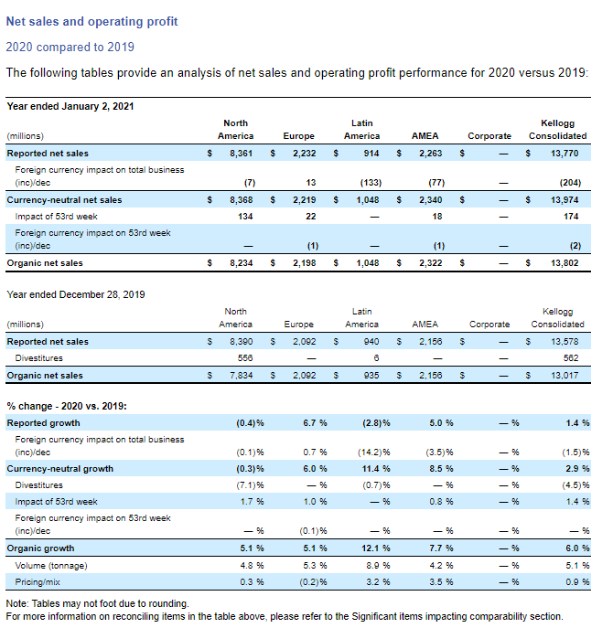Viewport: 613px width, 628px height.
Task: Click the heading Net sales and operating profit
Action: (x=92, y=21)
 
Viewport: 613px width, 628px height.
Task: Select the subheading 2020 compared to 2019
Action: (x=70, y=47)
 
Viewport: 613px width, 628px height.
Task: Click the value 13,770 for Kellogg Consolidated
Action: (x=568, y=154)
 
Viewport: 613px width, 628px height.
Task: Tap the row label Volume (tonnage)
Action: (x=52, y=565)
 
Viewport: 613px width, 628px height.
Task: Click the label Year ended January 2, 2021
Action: (x=70, y=106)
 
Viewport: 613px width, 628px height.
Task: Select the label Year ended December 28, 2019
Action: (x=76, y=294)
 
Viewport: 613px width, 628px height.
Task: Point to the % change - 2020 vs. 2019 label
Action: (x=67, y=406)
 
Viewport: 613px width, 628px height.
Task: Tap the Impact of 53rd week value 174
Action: (x=574, y=216)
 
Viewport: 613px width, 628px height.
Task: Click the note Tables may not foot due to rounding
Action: (x=98, y=603)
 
